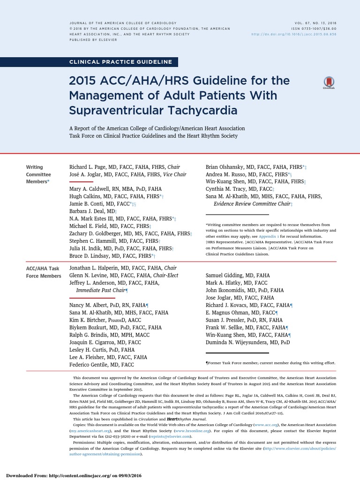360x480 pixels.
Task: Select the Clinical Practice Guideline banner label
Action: [120, 62]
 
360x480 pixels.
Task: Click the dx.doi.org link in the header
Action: [294, 34]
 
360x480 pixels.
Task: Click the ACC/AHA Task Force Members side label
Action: [43, 272]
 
